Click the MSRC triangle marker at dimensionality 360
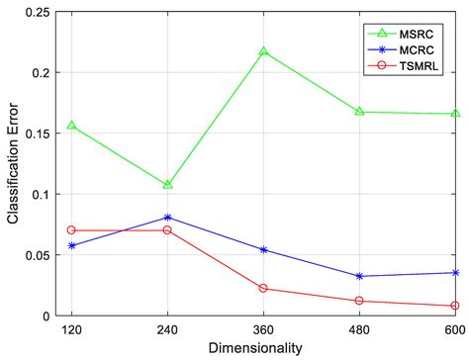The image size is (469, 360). (x=263, y=51)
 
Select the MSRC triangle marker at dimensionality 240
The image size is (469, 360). (x=167, y=185)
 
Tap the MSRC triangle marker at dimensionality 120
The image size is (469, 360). (x=71, y=126)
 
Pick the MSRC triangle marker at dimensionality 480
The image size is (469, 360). (x=359, y=112)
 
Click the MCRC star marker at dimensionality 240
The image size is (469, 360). (x=167, y=217)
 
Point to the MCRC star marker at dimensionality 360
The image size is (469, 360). (x=263, y=250)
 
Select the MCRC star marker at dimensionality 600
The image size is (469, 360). (x=455, y=273)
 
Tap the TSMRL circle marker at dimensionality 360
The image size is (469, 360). (x=263, y=289)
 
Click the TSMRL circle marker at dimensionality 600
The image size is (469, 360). (x=455, y=306)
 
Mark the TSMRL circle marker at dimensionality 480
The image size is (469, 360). (x=359, y=301)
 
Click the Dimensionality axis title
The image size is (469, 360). (x=262, y=348)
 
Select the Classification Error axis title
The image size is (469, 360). (x=12, y=163)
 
